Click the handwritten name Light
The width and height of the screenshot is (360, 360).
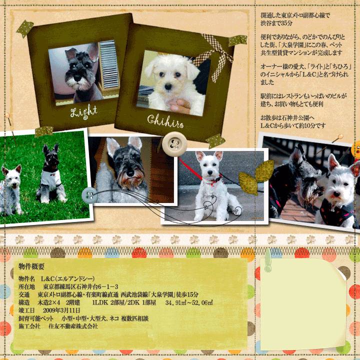click(x=84, y=112)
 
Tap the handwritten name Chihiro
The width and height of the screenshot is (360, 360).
click(x=165, y=121)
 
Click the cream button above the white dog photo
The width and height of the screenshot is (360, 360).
click(x=174, y=144)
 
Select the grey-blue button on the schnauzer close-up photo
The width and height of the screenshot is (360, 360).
click(x=89, y=195)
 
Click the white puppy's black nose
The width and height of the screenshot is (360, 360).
click(x=168, y=86)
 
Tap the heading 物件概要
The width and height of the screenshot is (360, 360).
click(x=31, y=266)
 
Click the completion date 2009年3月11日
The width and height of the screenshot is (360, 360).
click(x=61, y=310)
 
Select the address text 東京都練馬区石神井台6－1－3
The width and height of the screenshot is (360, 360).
click(x=80, y=287)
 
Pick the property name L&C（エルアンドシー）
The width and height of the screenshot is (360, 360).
click(x=67, y=278)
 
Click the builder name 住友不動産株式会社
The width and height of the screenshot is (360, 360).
click(x=73, y=326)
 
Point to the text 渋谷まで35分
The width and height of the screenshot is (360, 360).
click(x=276, y=23)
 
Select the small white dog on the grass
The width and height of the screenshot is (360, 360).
click(x=11, y=189)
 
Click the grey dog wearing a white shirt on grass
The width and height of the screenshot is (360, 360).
click(x=51, y=174)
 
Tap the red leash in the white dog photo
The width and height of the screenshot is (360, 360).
click(x=190, y=169)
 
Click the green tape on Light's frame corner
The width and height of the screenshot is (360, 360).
click(x=25, y=28)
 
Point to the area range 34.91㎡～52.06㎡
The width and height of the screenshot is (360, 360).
click(x=189, y=302)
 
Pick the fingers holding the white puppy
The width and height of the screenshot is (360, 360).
click(x=180, y=105)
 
